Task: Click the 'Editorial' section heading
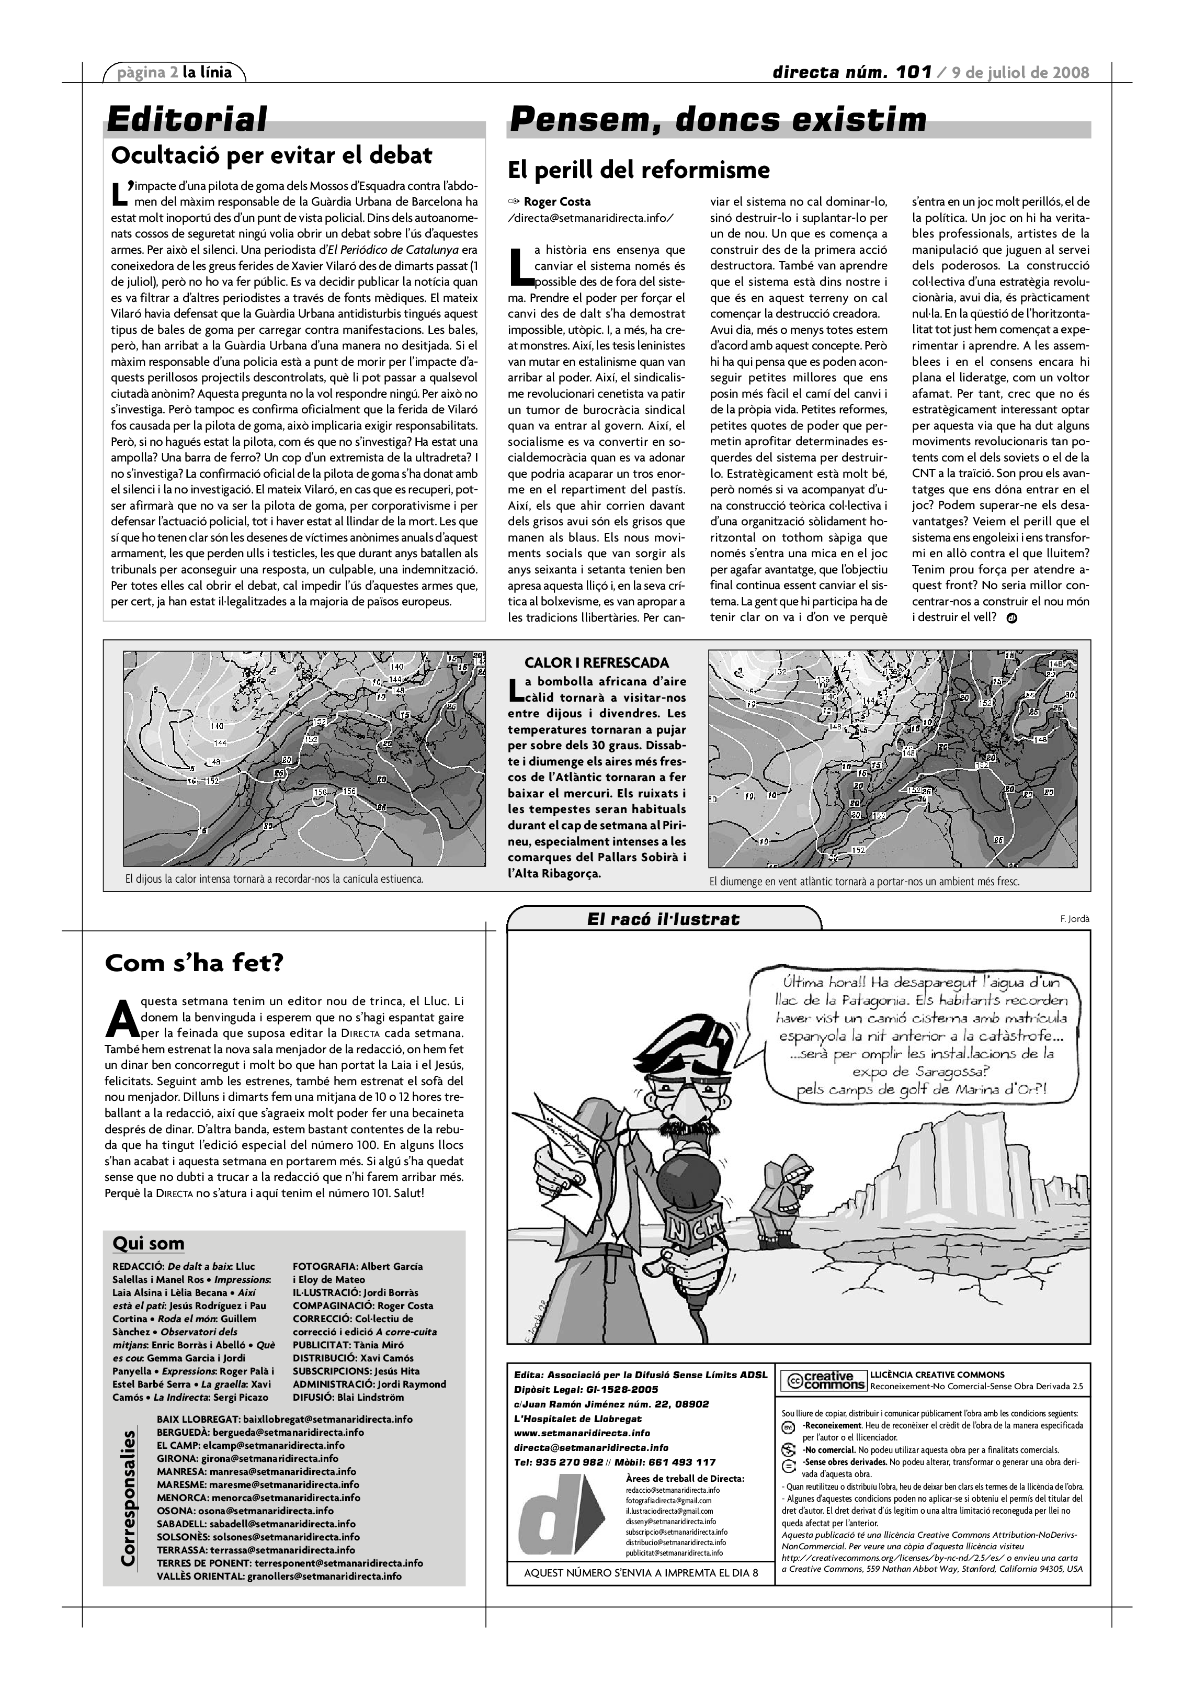pyautogui.click(x=187, y=120)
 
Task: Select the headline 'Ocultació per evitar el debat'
pyautogui.click(x=271, y=156)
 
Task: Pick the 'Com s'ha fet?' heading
pyautogui.click(x=194, y=963)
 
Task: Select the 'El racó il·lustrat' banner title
pyautogui.click(x=663, y=919)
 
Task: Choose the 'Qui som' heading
pyautogui.click(x=149, y=1243)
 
